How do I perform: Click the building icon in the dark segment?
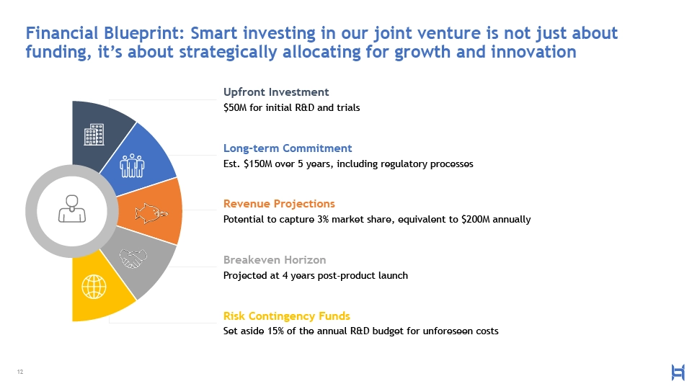tap(94, 134)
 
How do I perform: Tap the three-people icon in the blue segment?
tap(132, 166)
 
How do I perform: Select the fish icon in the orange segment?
tap(151, 213)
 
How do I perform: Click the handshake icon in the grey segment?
tap(133, 258)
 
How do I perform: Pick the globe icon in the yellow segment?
tap(94, 287)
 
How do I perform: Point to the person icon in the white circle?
tap(72, 209)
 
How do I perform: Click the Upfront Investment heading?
tap(276, 92)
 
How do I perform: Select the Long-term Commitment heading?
tap(288, 148)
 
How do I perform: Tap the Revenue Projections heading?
tap(279, 204)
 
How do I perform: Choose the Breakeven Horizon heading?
tap(275, 260)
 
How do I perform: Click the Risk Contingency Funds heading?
tap(286, 316)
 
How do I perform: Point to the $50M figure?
tap(235, 107)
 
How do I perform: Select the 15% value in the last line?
tap(275, 331)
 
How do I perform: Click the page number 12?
tap(20, 372)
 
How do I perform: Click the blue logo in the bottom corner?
tap(678, 372)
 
